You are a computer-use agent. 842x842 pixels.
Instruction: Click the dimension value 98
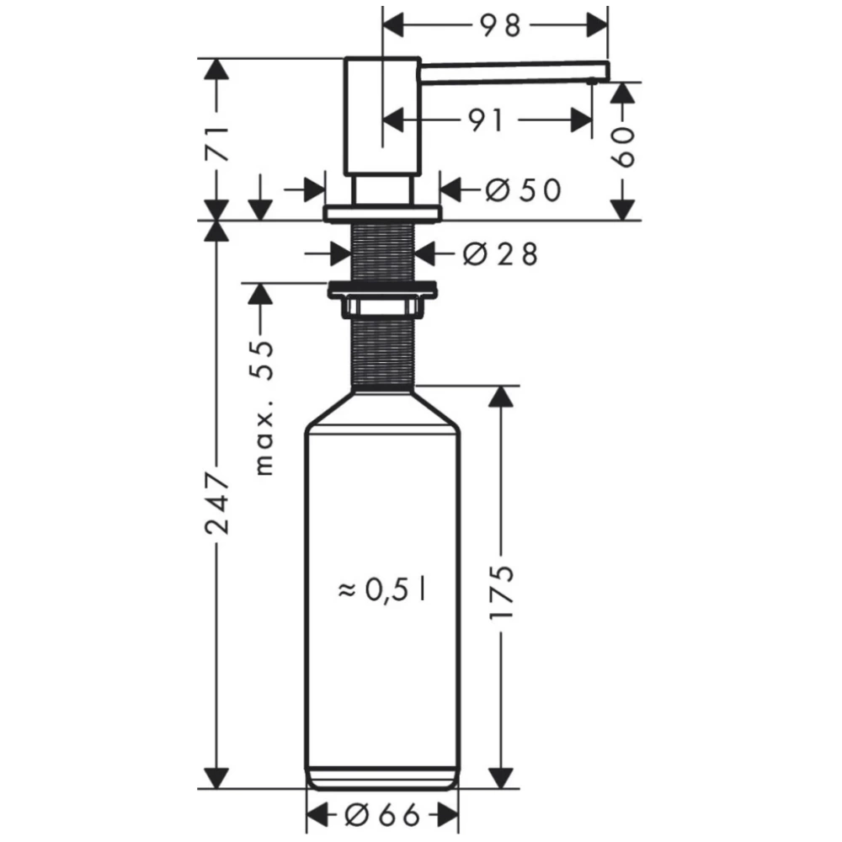500,25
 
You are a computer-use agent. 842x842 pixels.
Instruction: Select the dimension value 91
487,120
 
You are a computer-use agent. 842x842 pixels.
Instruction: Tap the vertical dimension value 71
217,145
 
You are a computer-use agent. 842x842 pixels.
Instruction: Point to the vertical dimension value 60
623,147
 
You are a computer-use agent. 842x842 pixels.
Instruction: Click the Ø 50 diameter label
523,189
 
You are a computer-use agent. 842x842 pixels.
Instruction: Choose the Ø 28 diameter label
500,254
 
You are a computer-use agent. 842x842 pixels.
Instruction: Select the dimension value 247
217,503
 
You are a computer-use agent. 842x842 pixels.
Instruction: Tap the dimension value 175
502,592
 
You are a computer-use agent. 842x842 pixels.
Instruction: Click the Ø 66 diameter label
381,816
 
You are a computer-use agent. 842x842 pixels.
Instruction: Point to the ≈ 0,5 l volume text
381,589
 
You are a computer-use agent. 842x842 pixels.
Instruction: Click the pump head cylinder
381,115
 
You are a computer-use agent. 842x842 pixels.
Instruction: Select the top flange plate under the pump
381,212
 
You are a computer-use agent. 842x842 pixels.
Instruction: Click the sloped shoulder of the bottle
381,409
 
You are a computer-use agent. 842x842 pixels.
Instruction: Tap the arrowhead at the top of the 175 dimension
501,397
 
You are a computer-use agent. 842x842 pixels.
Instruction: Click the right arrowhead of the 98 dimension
597,25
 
